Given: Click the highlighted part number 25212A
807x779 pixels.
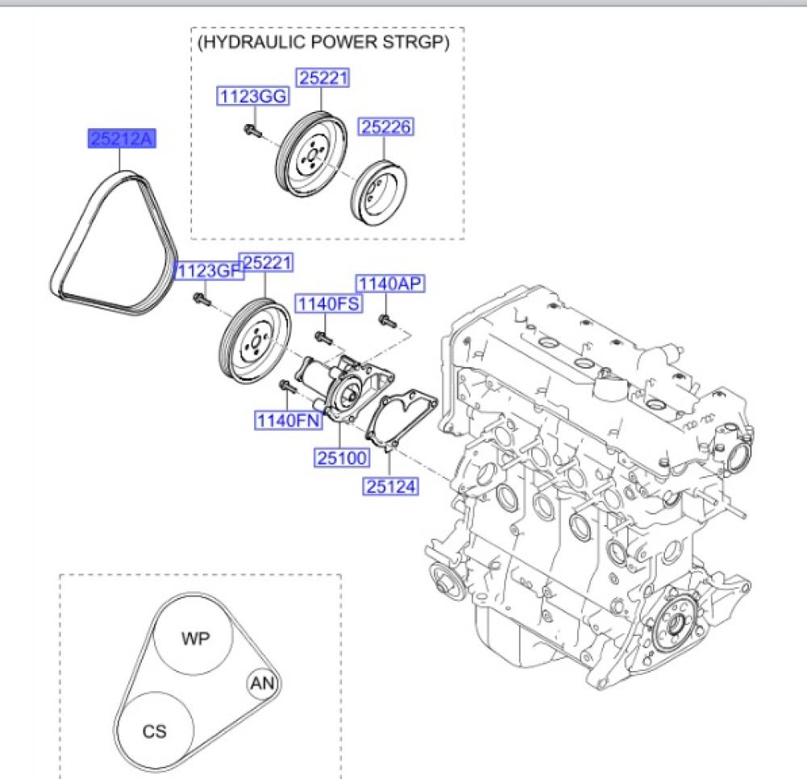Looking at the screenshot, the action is coord(122,139).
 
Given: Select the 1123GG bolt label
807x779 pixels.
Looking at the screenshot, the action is coord(253,96).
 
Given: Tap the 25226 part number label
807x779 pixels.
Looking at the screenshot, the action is coord(386,127).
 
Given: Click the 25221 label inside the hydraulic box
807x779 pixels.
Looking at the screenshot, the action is coord(323,78).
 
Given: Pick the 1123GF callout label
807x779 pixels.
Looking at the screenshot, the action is coord(208,270).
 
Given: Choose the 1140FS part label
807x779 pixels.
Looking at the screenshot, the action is coord(328,303).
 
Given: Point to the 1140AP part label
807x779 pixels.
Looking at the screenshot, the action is coord(390,283).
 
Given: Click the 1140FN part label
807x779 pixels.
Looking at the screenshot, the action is coord(289,420).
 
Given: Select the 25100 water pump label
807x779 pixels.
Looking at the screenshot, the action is coord(341,457).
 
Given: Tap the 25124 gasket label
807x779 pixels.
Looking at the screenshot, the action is coord(390,486).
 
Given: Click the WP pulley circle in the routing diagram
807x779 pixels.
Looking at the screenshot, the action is coord(194,635).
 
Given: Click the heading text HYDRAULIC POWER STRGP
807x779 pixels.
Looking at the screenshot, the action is coord(324,42).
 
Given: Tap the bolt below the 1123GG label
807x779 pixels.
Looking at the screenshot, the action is coord(253,131).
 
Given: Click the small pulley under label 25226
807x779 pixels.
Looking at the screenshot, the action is coord(379,192).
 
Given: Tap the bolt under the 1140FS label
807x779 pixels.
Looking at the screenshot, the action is coord(324,338).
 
